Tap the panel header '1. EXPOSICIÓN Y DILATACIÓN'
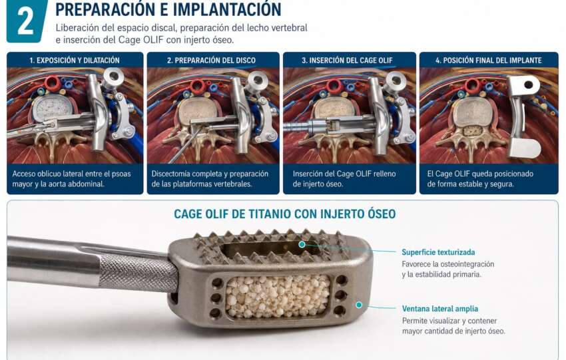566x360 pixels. click(x=75, y=61)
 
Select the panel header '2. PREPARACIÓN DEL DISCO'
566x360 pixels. click(x=211, y=61)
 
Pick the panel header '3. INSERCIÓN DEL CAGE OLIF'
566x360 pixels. click(x=347, y=61)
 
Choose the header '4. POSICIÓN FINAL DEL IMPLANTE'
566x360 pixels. click(x=488, y=61)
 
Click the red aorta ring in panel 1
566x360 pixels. click(x=53, y=83)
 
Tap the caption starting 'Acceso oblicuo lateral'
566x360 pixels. click(x=71, y=179)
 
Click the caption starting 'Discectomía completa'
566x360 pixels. click(x=210, y=179)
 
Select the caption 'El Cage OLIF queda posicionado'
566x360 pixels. click(x=480, y=179)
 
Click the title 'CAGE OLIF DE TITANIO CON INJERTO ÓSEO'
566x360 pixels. click(x=285, y=214)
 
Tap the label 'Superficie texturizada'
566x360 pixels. click(x=438, y=252)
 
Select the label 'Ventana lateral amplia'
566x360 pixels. click(x=440, y=309)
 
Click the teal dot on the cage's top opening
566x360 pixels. click(x=302, y=245)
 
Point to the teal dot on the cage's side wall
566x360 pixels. click(x=359, y=305)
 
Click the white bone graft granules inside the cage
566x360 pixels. click(x=278, y=296)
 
